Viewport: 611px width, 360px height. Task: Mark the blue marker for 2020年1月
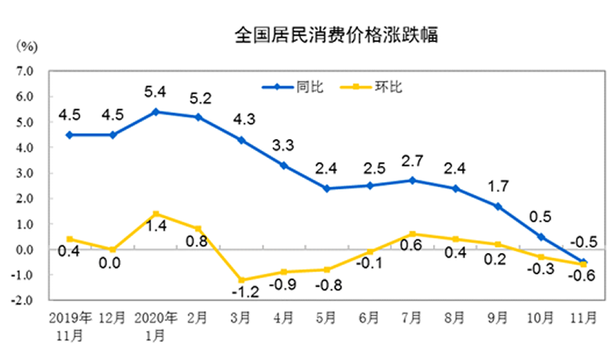pos(156,112)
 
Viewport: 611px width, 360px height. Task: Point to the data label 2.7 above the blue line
pos(412,161)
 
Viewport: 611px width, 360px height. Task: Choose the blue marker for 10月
pos(541,237)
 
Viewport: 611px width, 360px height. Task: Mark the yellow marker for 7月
pos(412,234)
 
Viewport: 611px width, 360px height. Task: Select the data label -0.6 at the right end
pos(584,277)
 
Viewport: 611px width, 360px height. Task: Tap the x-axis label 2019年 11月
pos(70,325)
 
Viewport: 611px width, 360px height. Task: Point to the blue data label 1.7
pos(498,186)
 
